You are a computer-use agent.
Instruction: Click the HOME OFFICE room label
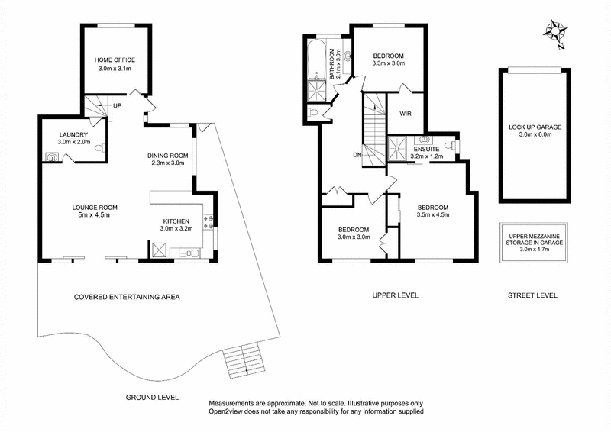[x=115, y=60]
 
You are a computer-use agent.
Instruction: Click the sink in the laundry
[x=51, y=157]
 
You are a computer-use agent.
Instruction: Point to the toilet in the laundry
[x=97, y=150]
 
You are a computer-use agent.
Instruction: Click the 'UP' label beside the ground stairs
[x=117, y=106]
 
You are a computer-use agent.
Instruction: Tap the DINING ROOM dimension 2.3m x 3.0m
[x=169, y=163]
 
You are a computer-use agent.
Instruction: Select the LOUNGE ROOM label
[x=95, y=207]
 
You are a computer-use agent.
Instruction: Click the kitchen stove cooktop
[x=208, y=221]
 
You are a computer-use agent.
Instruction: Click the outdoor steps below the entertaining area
[x=243, y=359]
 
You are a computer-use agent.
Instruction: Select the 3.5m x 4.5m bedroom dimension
[x=432, y=215]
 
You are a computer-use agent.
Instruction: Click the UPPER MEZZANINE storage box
[x=534, y=243]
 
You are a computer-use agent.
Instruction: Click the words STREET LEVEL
[x=533, y=295]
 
